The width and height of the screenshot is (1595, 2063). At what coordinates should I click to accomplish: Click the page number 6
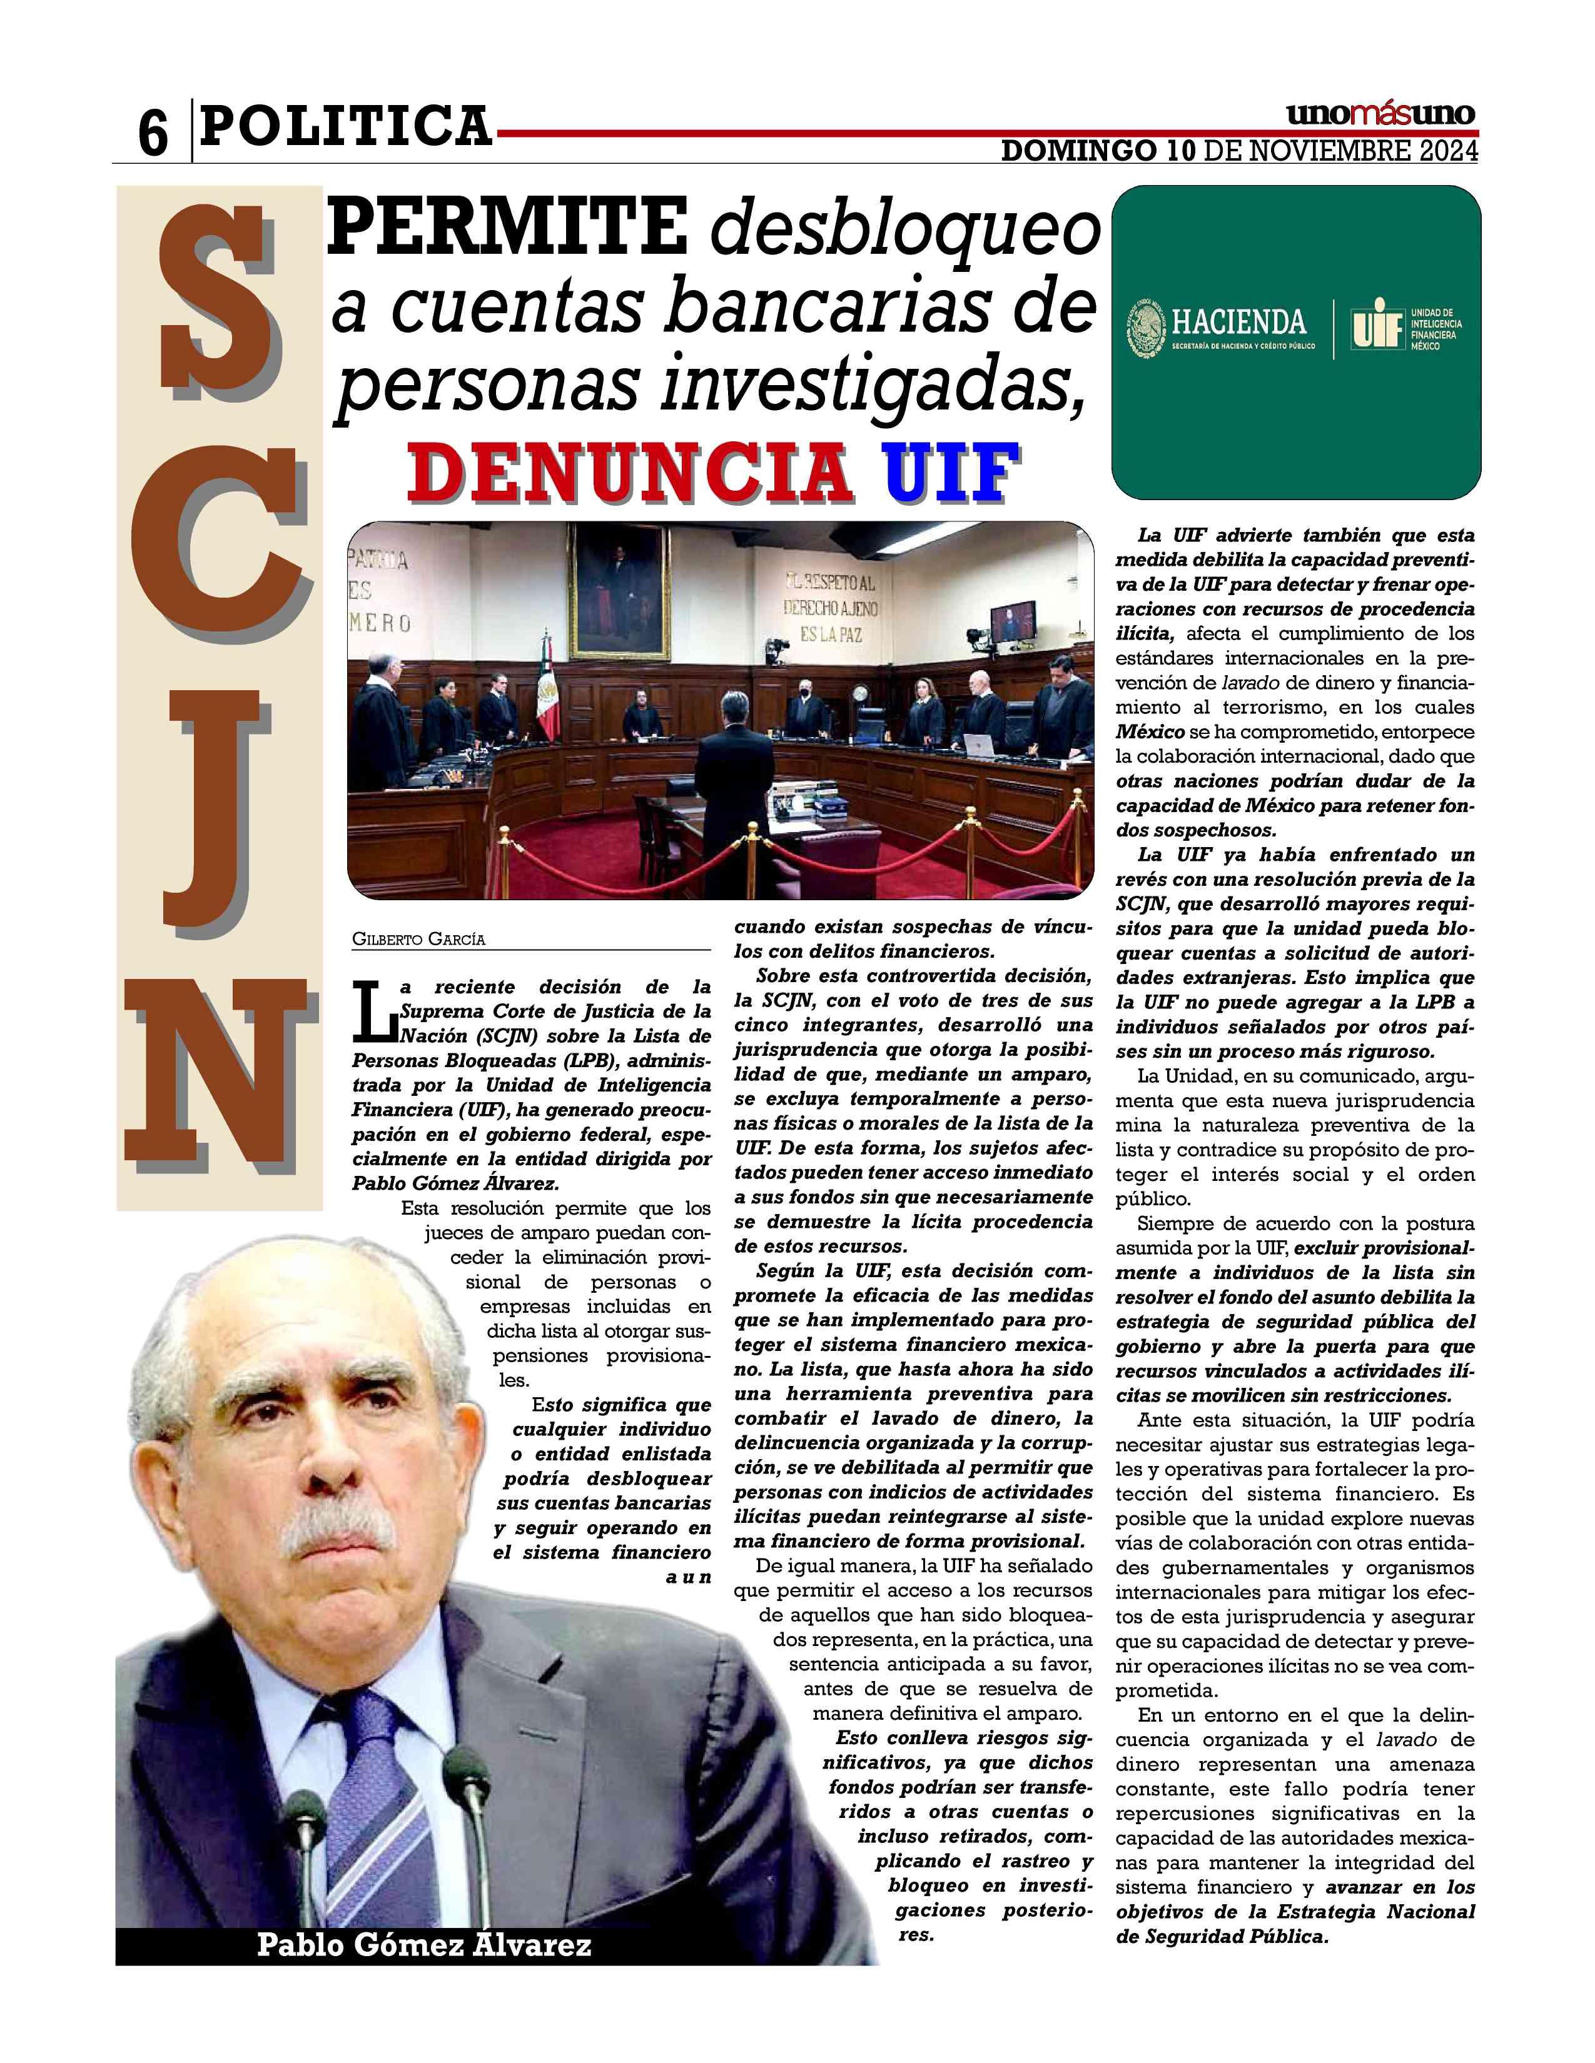point(152,133)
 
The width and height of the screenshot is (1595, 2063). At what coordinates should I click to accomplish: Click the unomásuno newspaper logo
point(1380,115)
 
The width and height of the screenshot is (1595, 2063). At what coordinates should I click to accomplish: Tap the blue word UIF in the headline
point(946,472)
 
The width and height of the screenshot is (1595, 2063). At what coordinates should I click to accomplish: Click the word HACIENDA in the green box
point(1238,324)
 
